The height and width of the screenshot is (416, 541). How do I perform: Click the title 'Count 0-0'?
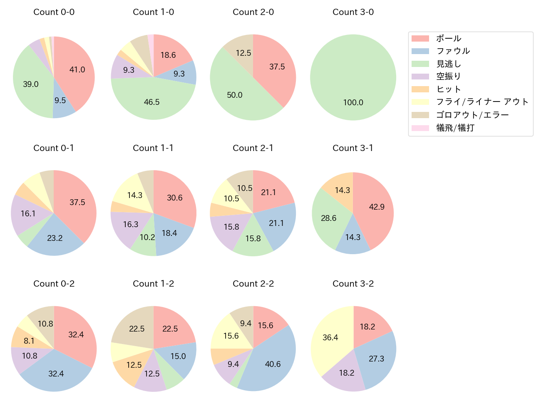[54, 12]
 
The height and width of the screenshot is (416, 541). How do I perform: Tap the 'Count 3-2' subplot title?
[353, 284]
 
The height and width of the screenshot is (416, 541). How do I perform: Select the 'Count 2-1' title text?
[253, 148]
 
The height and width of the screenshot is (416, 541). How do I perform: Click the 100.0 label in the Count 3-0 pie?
[353, 102]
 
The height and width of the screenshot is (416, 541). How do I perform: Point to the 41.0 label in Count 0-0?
[77, 69]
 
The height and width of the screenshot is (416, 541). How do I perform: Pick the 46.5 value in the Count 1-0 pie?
[151, 102]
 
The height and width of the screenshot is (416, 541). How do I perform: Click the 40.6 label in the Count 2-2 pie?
[273, 364]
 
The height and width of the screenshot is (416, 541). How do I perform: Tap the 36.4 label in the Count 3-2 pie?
[330, 337]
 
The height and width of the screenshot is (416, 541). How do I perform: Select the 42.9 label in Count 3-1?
[377, 207]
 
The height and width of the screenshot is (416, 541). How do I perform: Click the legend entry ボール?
[448, 38]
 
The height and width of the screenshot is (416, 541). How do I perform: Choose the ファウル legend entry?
[453, 51]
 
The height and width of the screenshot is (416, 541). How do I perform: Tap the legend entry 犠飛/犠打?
[455, 128]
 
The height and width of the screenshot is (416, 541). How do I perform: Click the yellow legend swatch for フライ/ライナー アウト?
[420, 102]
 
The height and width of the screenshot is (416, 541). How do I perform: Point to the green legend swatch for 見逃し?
[420, 64]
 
